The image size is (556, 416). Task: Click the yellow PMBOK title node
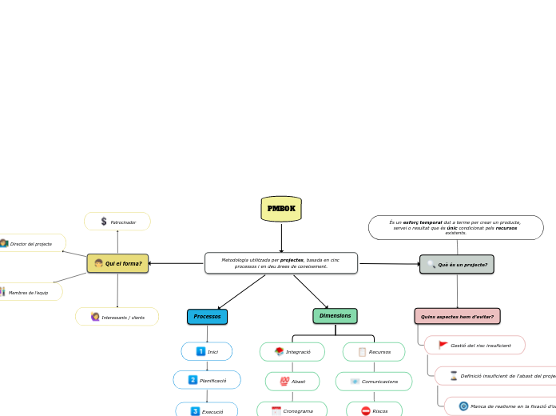pos(281,209)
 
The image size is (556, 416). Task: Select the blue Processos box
pos(207,317)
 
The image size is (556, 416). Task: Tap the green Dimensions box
pos(335,316)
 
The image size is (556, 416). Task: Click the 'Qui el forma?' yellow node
pos(117,263)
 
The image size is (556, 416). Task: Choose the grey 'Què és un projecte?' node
pos(457,264)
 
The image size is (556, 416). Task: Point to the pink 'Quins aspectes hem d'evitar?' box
pos(457,317)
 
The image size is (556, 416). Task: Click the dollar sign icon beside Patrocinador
pos(104,222)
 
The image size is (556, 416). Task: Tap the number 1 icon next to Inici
pos(201,351)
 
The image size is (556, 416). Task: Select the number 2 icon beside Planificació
pos(193,380)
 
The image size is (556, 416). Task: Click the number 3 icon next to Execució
pos(195,411)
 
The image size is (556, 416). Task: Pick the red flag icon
pos(443,345)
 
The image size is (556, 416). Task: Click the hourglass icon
pos(453,375)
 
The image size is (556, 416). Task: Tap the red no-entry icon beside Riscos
pos(365,411)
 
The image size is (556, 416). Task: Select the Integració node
pos(292,352)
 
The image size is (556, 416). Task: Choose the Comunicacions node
pos(374,382)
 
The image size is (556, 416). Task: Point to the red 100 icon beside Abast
pos(284,382)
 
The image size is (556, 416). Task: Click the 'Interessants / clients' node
pos(117,318)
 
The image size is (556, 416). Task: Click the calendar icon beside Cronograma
pos(276,411)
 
